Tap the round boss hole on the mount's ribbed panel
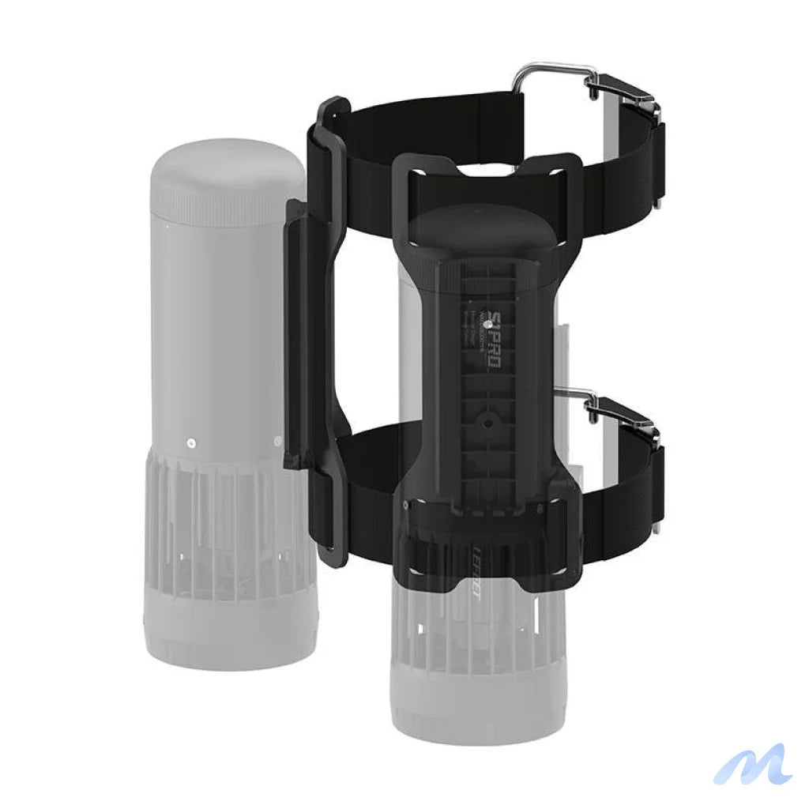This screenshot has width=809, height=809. (x=487, y=423)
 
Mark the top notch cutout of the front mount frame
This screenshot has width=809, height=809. (x=483, y=168)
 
